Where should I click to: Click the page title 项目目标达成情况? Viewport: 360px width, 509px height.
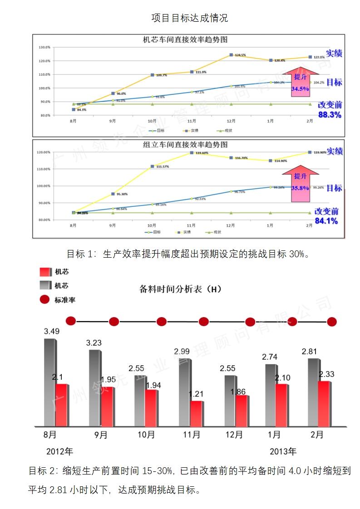(x=189, y=18)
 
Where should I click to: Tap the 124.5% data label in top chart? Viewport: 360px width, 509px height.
(x=241, y=55)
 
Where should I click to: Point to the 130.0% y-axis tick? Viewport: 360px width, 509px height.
(x=44, y=47)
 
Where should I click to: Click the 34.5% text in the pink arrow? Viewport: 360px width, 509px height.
(x=300, y=89)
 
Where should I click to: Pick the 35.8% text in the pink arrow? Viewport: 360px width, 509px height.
(x=300, y=187)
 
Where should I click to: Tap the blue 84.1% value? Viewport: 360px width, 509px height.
(x=326, y=221)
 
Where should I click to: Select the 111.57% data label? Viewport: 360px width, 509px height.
(x=162, y=167)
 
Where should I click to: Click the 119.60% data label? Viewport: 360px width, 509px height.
(x=202, y=153)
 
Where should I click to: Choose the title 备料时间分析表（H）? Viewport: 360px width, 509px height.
(x=180, y=289)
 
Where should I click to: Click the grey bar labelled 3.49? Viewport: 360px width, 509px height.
(x=49, y=381)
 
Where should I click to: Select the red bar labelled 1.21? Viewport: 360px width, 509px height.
(x=196, y=414)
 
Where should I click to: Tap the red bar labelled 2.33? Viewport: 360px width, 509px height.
(x=324, y=404)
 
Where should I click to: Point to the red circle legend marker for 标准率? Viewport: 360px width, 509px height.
(x=44, y=300)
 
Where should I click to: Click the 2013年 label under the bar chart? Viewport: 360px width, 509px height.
(x=283, y=452)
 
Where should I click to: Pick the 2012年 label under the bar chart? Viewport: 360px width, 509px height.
(x=59, y=452)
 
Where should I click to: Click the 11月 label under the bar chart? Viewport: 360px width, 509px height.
(x=192, y=435)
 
